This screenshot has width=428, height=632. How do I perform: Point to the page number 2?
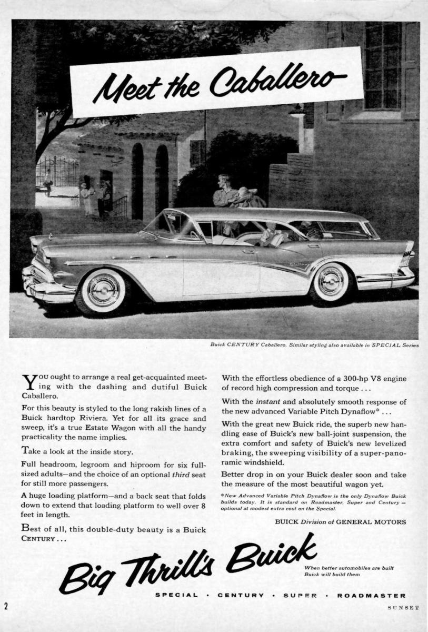[x=6, y=606]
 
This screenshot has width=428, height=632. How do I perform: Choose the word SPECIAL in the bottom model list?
[x=176, y=596]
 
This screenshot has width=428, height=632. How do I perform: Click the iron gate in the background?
[x=57, y=171]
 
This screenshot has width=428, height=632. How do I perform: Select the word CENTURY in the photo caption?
[x=244, y=345]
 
